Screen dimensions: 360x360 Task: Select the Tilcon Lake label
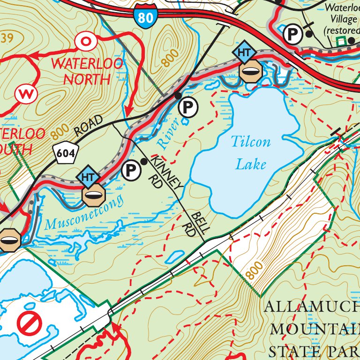pyautogui.click(x=251, y=152)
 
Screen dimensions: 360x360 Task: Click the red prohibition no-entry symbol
pyautogui.click(x=30, y=323)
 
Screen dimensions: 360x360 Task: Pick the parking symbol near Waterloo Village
pyautogui.click(x=293, y=34)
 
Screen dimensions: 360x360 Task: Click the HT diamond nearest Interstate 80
pyautogui.click(x=244, y=52)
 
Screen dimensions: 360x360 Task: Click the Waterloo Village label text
pyautogui.click(x=341, y=19)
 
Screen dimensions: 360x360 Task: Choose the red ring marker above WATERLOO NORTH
pyautogui.click(x=86, y=41)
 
